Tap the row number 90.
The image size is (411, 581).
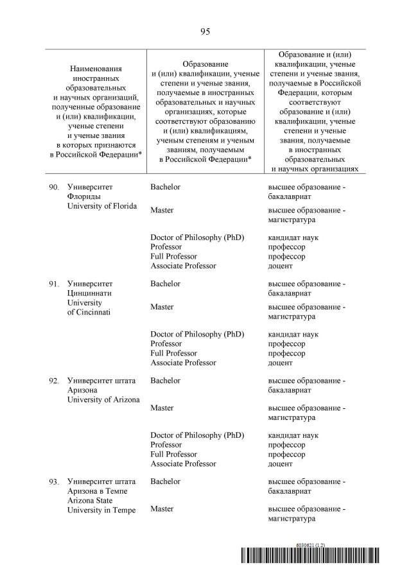point(54,187)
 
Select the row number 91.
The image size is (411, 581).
point(54,284)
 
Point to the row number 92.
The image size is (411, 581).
point(54,381)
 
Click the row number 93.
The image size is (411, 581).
point(54,481)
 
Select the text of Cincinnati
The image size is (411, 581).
point(89,312)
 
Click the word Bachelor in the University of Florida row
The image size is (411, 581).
point(165,187)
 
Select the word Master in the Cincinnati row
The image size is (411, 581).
point(162,307)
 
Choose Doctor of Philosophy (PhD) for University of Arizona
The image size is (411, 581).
point(197,435)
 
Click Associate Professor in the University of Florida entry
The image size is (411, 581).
point(183,266)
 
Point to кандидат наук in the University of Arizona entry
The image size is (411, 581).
point(293,435)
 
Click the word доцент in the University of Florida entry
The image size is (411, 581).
point(280,266)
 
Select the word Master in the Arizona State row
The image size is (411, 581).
point(162,508)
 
